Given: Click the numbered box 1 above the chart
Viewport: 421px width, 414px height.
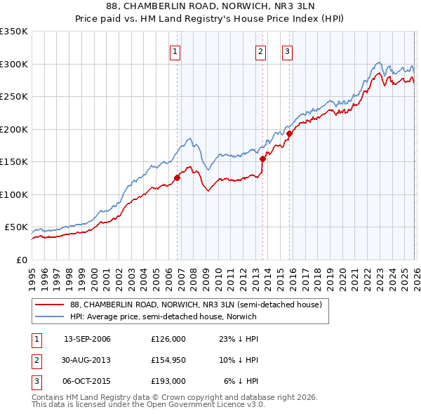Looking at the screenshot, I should click(x=175, y=51).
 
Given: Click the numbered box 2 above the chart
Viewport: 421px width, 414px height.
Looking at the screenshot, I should click(x=260, y=51).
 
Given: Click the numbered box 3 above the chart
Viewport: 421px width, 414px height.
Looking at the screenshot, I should click(x=287, y=51).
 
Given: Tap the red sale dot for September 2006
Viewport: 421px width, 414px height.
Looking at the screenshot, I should click(x=177, y=178).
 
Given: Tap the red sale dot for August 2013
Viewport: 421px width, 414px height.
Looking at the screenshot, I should click(x=262, y=159).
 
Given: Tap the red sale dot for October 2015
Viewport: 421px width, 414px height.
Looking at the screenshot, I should click(x=289, y=133).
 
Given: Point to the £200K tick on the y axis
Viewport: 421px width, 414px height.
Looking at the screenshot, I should click(x=14, y=129).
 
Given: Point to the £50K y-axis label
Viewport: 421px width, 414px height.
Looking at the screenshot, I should click(x=16, y=227).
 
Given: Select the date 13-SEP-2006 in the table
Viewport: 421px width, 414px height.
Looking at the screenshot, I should click(x=87, y=339).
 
